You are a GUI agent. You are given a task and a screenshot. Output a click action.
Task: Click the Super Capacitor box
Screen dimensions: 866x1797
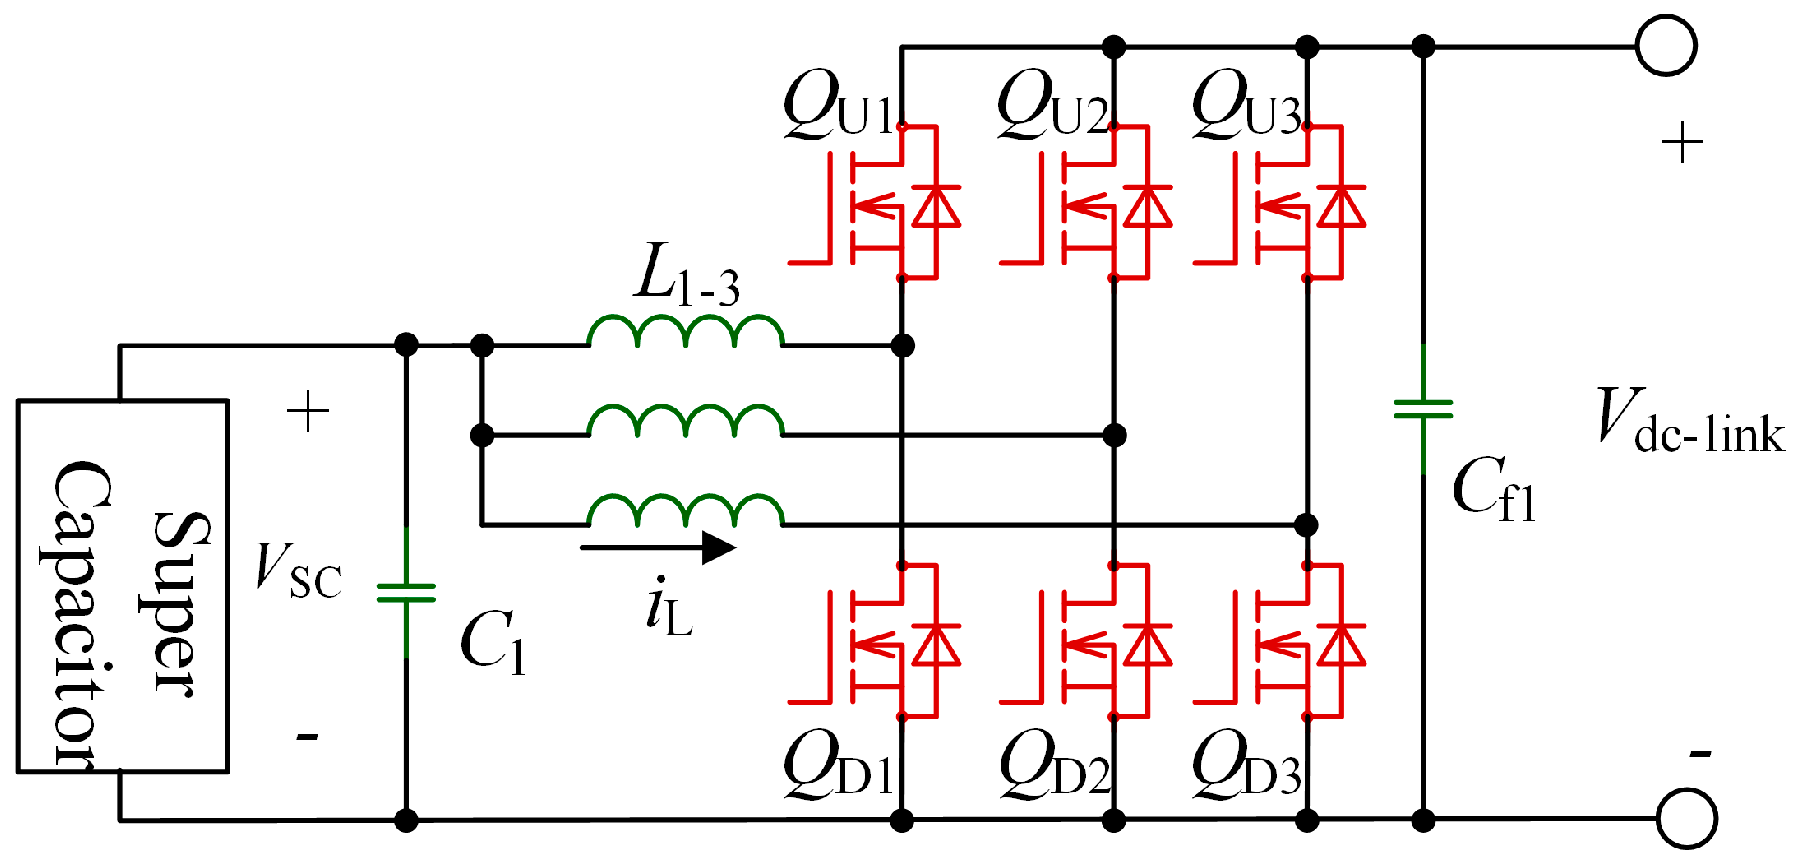click(123, 586)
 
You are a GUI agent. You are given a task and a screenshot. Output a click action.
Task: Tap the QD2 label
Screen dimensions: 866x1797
click(1054, 765)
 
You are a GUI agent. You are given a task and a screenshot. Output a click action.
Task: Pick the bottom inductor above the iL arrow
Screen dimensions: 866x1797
click(685, 511)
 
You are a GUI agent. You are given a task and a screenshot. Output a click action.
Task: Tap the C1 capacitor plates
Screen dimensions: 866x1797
click(406, 593)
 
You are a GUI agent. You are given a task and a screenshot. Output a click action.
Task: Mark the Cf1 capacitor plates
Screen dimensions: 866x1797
click(1423, 408)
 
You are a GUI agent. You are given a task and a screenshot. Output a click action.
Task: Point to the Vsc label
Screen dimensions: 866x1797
click(298, 570)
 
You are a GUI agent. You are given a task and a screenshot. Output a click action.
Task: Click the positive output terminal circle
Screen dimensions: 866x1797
click(1666, 46)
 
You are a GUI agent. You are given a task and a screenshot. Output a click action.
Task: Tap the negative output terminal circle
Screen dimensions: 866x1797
click(1686, 819)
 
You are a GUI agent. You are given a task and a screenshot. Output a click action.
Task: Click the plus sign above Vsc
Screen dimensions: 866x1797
click(308, 412)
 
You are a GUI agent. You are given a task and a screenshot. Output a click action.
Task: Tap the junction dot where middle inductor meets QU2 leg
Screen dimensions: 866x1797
click(1114, 435)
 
